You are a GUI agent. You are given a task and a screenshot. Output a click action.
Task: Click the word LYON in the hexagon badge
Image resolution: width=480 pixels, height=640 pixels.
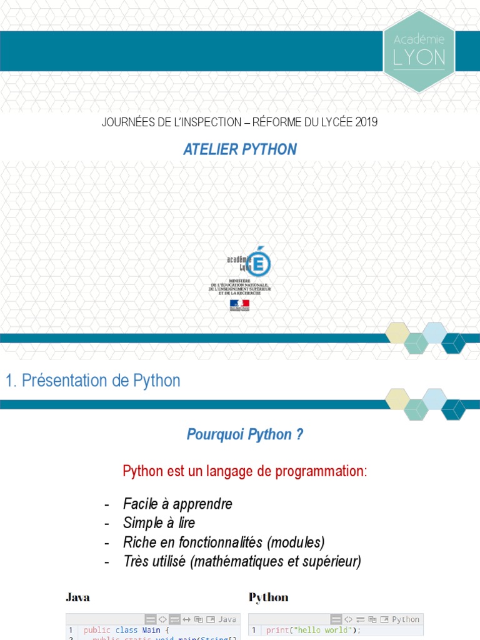tap(419, 58)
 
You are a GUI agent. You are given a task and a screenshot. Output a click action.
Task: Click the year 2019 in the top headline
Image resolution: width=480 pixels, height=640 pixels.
tap(366, 122)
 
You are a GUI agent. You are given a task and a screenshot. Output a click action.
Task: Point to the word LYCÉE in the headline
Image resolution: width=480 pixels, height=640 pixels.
tap(336, 122)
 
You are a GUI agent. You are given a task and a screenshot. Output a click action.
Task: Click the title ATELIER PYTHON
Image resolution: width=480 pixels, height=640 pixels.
tap(240, 149)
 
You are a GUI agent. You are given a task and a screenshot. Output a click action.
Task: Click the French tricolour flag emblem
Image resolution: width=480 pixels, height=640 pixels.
tap(239, 304)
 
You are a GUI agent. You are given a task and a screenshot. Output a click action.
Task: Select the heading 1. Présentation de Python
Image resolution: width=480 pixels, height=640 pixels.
tap(92, 381)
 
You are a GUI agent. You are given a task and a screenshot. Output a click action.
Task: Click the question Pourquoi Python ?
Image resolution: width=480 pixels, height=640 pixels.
tap(245, 435)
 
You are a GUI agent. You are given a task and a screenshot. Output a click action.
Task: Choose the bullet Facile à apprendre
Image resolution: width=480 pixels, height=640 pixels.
tap(177, 504)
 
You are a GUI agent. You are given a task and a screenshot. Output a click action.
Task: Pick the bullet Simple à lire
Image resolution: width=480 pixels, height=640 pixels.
tap(159, 522)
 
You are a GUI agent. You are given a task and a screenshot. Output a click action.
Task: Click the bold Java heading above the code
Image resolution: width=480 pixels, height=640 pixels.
tap(77, 597)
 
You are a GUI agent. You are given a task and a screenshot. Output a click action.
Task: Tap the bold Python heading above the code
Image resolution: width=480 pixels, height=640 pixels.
tap(269, 597)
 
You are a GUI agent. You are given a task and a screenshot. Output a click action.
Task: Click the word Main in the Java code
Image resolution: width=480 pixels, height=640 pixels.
tap(151, 630)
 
